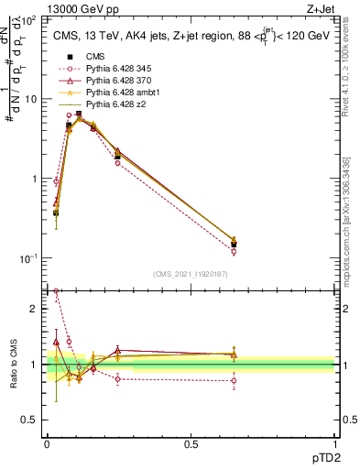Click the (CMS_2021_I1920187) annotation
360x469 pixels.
190,273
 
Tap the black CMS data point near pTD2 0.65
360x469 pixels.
234,245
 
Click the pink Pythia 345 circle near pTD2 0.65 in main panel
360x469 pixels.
234,251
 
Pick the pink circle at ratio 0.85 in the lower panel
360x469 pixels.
234,380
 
